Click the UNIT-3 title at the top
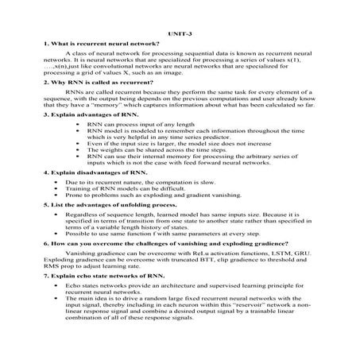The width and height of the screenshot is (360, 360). [180, 34]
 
